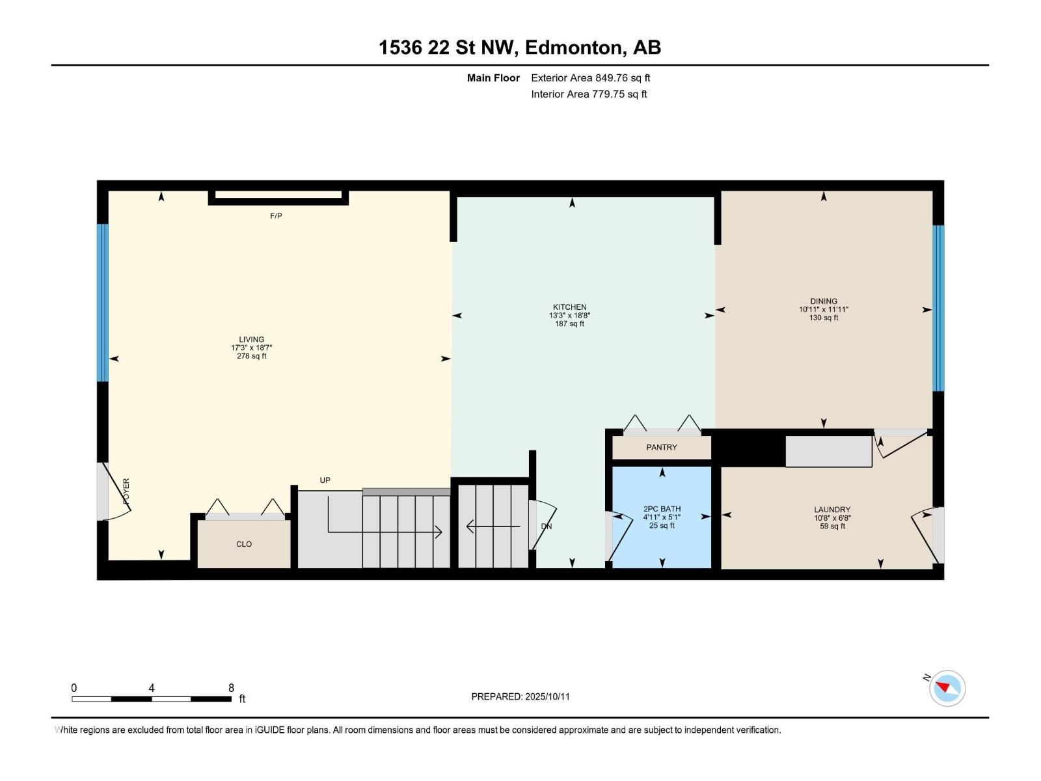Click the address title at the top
click(x=520, y=48)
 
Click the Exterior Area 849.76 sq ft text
click(x=590, y=78)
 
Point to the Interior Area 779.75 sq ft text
click(x=589, y=94)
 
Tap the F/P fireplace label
click(x=276, y=216)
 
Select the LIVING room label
click(x=251, y=340)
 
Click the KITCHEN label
click(x=569, y=307)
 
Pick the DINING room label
click(x=824, y=301)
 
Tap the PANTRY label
click(x=661, y=448)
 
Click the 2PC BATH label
click(x=662, y=509)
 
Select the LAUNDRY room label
click(x=832, y=510)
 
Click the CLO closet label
click(x=244, y=544)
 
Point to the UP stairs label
click(x=325, y=481)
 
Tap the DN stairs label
click(x=547, y=527)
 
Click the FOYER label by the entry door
click(x=126, y=491)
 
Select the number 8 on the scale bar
click(x=231, y=688)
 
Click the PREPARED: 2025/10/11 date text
click(x=520, y=696)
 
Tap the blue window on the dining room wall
click(x=938, y=308)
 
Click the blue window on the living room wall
click(x=102, y=303)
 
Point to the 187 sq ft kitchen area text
click(x=569, y=324)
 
